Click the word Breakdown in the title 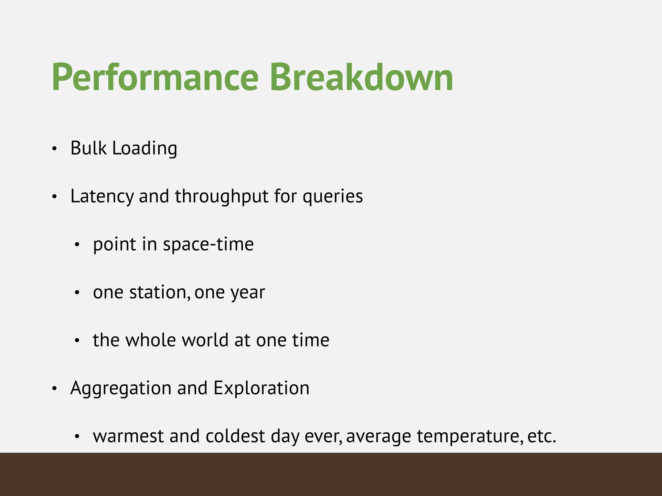point(361,77)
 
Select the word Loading point(144,149)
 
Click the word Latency point(102,196)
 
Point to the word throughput point(221,196)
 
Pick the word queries point(333,196)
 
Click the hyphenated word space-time point(208,244)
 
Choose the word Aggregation point(121,388)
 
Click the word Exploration point(261,388)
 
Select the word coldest point(235,436)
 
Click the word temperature point(470,436)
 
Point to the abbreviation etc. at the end point(542,436)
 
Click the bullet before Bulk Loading point(54,149)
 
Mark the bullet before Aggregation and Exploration point(54,389)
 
